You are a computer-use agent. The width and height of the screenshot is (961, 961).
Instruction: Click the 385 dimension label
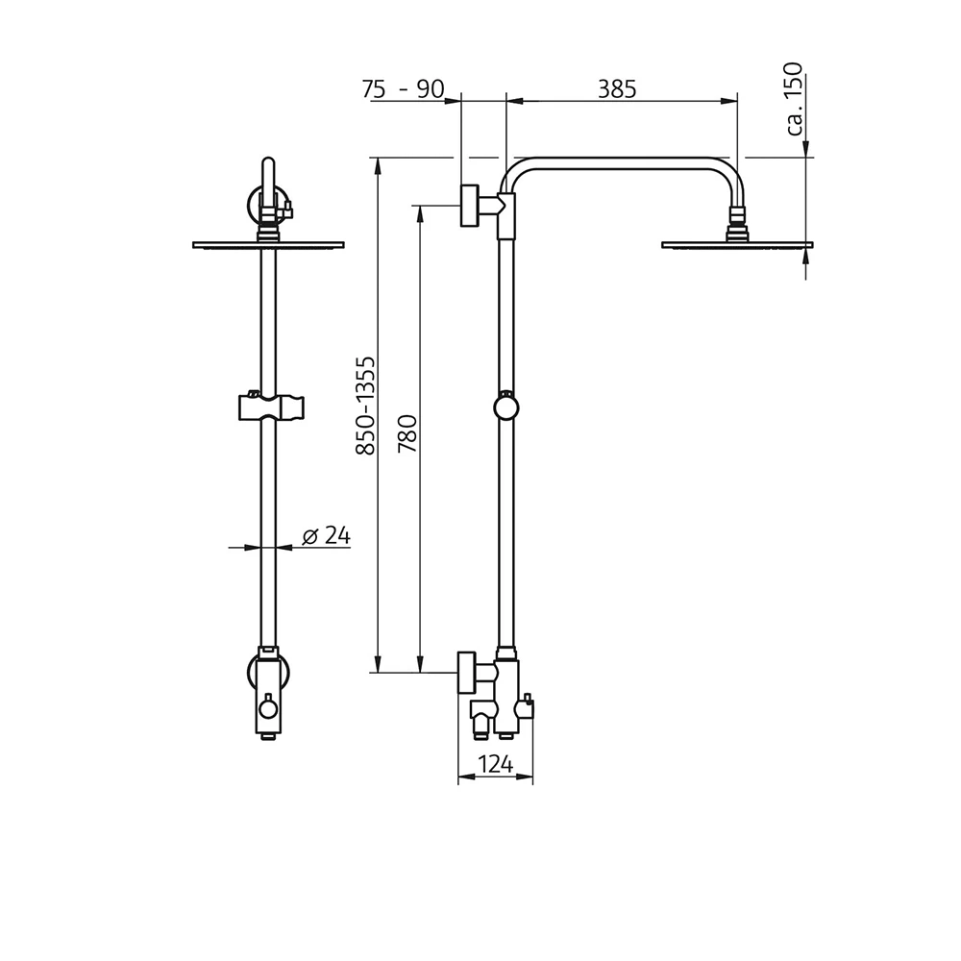617,88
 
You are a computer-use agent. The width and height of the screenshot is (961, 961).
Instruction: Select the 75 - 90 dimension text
403,89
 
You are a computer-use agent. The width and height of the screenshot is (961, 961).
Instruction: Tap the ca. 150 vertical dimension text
794,98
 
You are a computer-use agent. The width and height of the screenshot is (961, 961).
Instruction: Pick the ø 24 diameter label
326,536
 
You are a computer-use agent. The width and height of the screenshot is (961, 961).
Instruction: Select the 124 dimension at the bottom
495,765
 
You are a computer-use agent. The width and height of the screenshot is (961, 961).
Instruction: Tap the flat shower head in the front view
268,244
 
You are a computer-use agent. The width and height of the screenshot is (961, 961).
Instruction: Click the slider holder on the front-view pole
269,407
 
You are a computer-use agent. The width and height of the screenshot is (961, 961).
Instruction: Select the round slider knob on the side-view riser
505,407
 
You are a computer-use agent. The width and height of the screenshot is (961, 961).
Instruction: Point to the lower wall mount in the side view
468,672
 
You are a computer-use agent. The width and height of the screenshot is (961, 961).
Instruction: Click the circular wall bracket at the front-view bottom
268,671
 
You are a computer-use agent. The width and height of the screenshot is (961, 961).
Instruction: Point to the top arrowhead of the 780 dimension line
419,212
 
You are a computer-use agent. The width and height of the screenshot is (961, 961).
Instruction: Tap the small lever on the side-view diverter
526,711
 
